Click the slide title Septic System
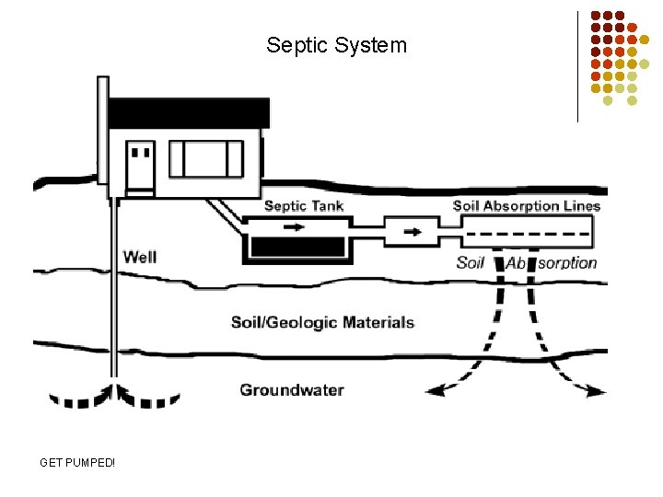(x=336, y=44)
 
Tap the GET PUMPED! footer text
(x=77, y=461)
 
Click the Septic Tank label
(x=304, y=205)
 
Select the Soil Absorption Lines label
(x=526, y=205)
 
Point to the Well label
(x=140, y=257)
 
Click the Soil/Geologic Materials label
(x=322, y=322)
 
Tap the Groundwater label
(x=292, y=389)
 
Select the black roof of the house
(x=189, y=112)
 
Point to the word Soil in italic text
(x=471, y=262)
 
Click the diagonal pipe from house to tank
(x=226, y=212)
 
